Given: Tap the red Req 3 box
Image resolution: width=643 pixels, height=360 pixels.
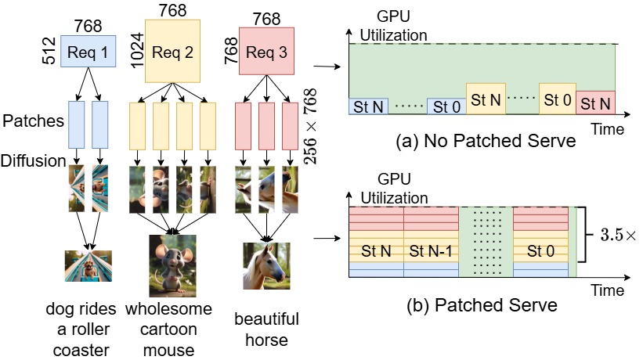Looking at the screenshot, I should tap(266, 52).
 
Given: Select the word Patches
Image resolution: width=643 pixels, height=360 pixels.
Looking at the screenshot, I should tap(32, 123).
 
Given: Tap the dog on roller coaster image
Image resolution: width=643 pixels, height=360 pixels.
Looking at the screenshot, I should tap(88, 266).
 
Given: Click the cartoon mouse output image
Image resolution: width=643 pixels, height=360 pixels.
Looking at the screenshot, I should tap(172, 265).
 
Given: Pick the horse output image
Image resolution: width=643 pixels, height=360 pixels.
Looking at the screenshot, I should tap(266, 266).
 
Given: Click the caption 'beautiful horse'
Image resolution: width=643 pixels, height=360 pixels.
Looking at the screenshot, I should tap(266, 329).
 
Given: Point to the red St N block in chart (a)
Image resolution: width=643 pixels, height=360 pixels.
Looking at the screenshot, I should tap(595, 103).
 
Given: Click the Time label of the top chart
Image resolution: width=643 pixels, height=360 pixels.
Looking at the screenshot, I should tap(607, 128).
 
